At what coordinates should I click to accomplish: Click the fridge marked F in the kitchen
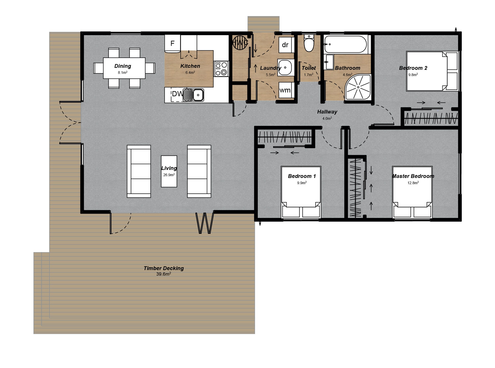[x=172, y=43]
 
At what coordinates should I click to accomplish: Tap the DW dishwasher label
[x=177, y=94]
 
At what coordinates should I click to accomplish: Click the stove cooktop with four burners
[x=221, y=69]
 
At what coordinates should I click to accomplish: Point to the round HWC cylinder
[x=240, y=42]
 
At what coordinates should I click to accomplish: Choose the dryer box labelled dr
[x=285, y=45]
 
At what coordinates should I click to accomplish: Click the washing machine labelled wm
[x=285, y=90]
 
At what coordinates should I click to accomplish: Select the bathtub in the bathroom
[x=345, y=44]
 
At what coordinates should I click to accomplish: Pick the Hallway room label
[x=327, y=112]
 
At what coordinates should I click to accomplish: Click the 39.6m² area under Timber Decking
[x=163, y=274]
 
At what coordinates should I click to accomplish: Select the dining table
[x=124, y=68]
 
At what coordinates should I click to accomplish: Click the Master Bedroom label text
[x=413, y=176]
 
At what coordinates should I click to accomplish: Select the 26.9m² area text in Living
[x=169, y=175]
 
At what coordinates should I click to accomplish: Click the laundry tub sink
[x=285, y=68]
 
